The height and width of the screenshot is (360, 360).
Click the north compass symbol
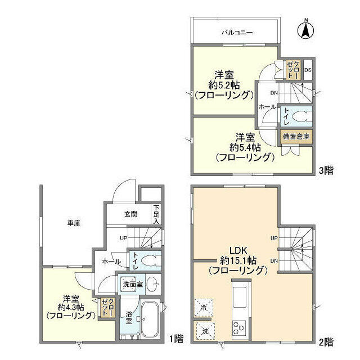(x=306, y=29)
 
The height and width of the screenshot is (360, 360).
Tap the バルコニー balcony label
(x=236, y=33)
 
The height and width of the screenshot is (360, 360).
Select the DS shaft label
(x=308, y=70)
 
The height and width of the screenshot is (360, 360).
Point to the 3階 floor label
(x=326, y=170)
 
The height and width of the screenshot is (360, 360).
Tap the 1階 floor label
(x=176, y=339)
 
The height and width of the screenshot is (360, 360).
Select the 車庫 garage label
(x=74, y=223)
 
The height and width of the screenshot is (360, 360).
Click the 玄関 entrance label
(x=130, y=214)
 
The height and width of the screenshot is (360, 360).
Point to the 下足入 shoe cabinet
(x=156, y=214)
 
